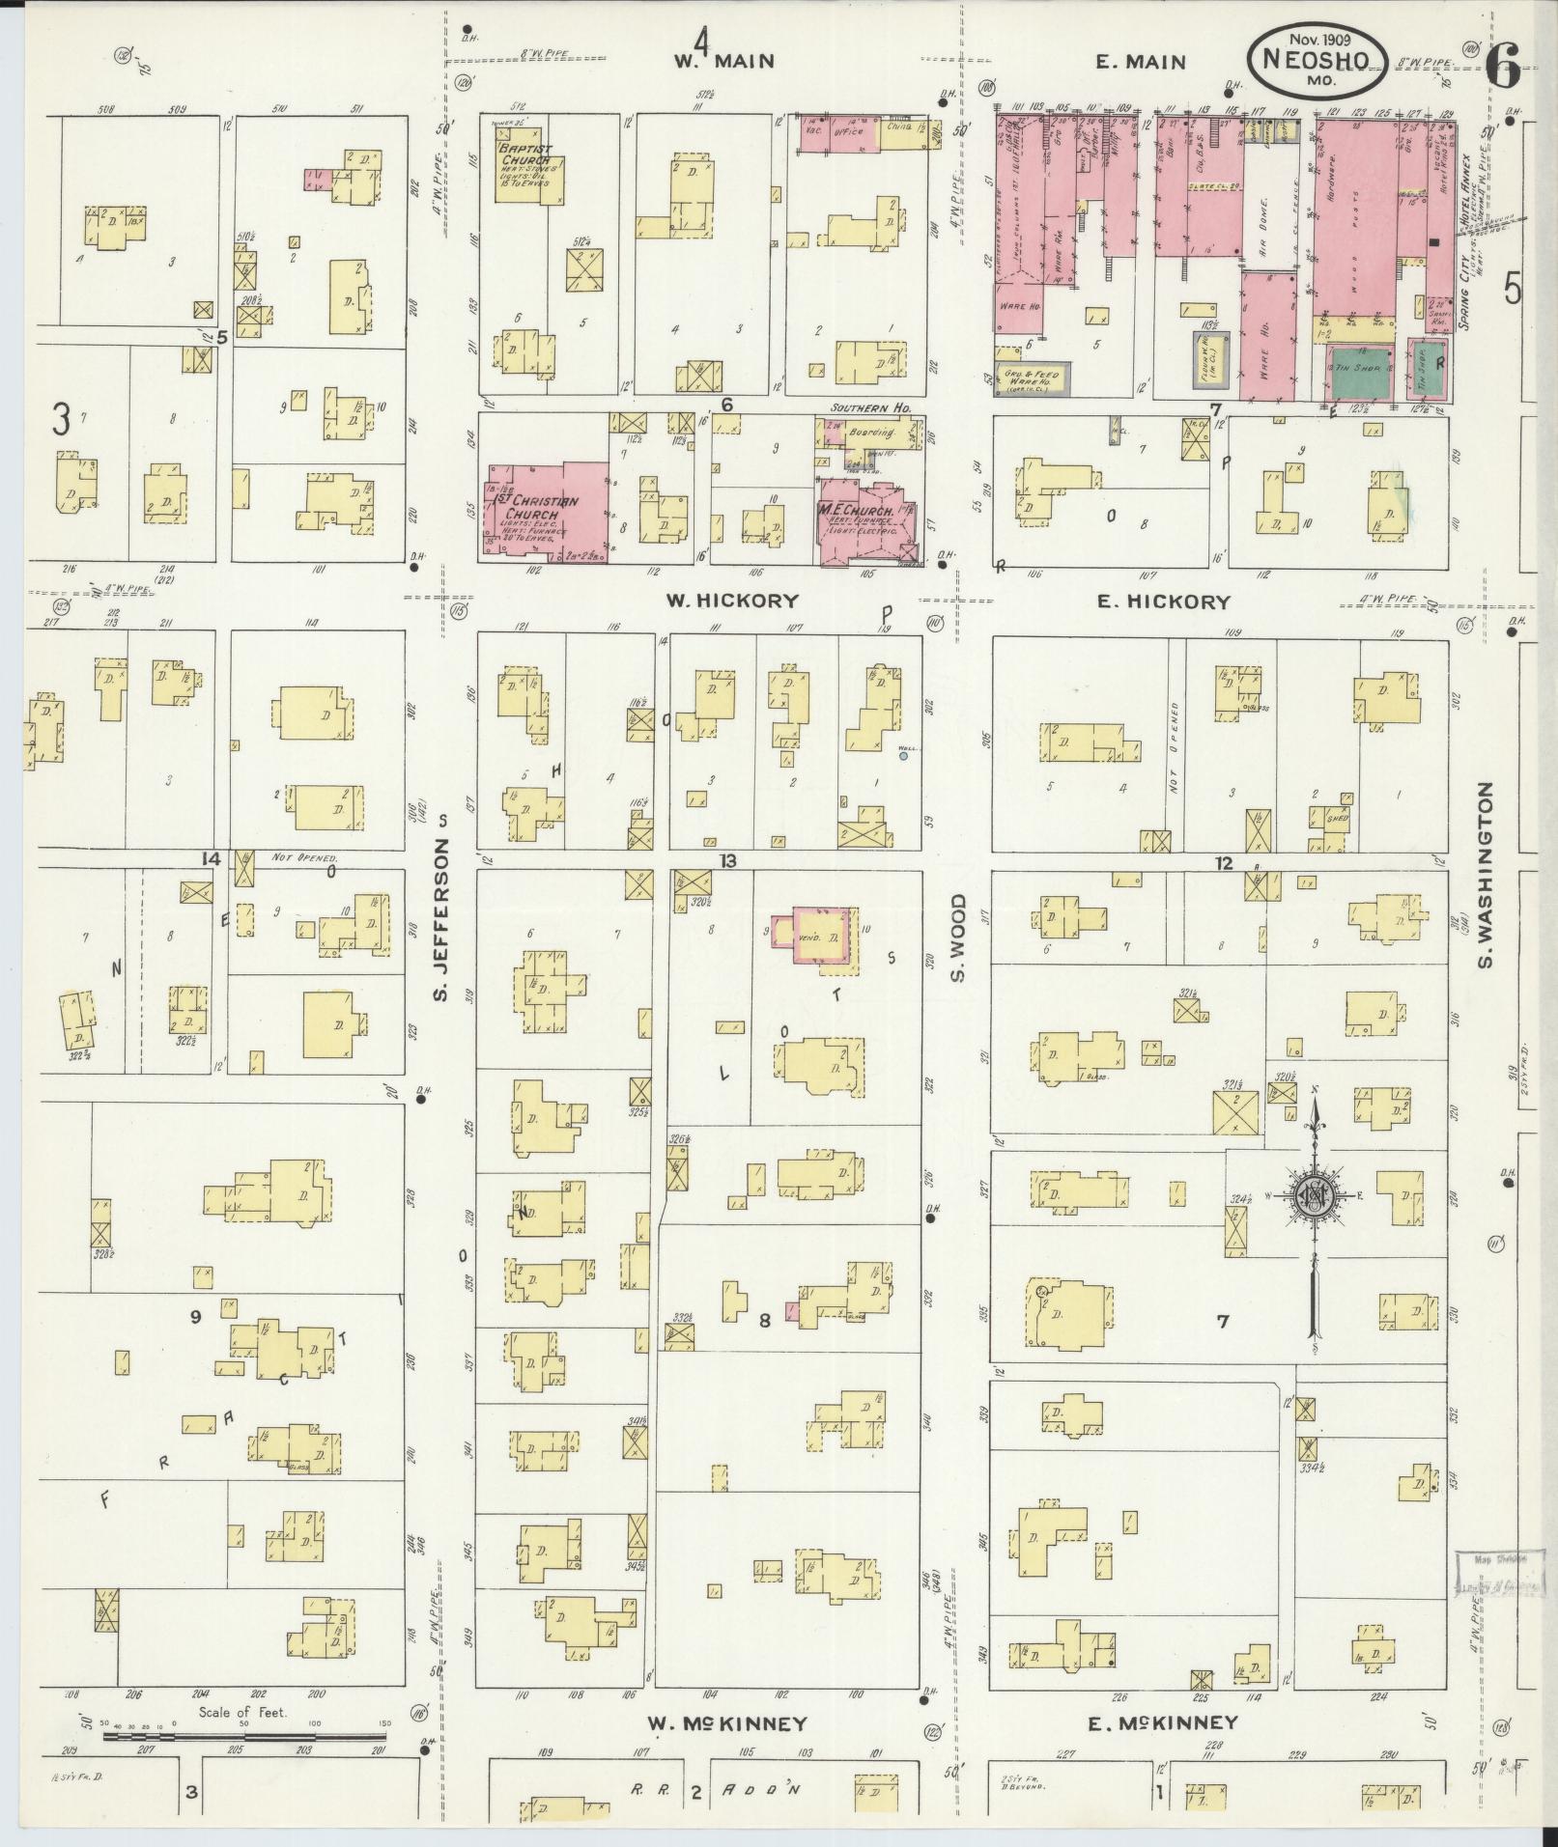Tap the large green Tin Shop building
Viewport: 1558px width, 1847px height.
point(1360,371)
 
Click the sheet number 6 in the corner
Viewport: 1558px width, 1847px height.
point(1503,63)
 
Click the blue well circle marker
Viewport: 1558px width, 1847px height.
point(903,756)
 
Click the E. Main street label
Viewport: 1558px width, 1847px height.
point(1140,62)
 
